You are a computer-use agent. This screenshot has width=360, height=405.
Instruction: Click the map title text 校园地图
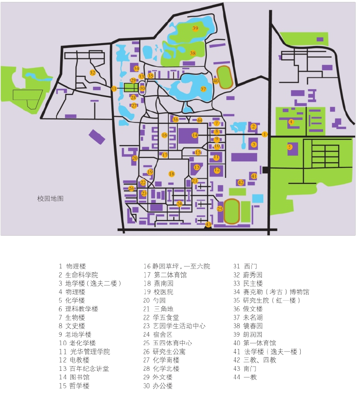(50, 199)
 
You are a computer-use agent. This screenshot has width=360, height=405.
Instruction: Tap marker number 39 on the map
(195, 28)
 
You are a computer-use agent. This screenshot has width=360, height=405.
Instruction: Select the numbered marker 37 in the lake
(203, 89)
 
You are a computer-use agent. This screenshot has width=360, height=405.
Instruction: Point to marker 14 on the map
(194, 135)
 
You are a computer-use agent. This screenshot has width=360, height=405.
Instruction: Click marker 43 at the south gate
(208, 224)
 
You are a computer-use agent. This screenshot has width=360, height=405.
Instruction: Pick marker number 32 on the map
(92, 73)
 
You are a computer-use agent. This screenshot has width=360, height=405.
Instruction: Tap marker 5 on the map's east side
(289, 147)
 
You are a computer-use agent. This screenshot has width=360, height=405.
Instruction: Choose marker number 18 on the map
(172, 174)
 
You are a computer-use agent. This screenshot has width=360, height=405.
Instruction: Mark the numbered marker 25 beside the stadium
(220, 209)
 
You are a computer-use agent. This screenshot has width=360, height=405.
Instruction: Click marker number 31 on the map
(114, 89)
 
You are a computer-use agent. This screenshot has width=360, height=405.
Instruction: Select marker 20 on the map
(135, 158)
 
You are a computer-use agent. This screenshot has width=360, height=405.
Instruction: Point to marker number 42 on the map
(241, 183)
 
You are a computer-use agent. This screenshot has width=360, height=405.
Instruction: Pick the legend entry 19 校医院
(158, 292)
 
